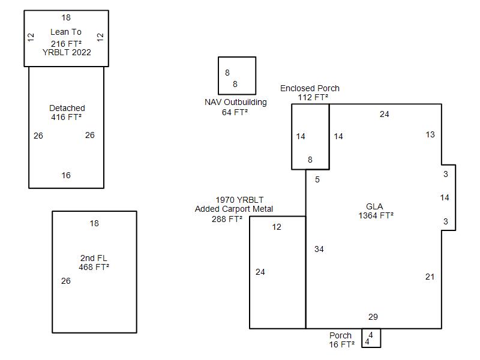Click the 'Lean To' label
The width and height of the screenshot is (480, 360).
tap(66, 32)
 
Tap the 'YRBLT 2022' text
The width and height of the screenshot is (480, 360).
tap(67, 52)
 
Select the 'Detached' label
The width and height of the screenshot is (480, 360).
tap(67, 108)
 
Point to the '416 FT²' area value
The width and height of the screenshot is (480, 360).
tap(67, 117)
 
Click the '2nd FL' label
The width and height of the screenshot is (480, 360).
tap(94, 258)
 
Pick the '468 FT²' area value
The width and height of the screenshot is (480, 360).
tap(94, 267)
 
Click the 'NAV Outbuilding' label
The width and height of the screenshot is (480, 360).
tap(236, 102)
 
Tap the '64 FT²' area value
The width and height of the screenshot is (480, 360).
tap(235, 112)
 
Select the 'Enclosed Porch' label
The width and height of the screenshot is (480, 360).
tap(310, 88)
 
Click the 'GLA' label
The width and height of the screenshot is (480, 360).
tap(375, 206)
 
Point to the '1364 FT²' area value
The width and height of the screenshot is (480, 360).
tap(376, 215)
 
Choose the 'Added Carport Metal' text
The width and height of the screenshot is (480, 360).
tap(234, 209)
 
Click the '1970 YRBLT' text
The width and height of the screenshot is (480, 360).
tap(239, 200)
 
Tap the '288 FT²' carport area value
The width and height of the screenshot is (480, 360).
tap(227, 219)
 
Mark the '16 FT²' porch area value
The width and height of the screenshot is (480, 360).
tap(341, 344)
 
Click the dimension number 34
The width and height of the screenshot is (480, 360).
tap(319, 249)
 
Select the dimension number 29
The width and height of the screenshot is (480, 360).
tap(373, 317)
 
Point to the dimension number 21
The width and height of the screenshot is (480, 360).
tap(430, 277)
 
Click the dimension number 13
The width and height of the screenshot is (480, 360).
tap(430, 134)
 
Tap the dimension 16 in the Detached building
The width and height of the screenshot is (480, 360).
tap(66, 175)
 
